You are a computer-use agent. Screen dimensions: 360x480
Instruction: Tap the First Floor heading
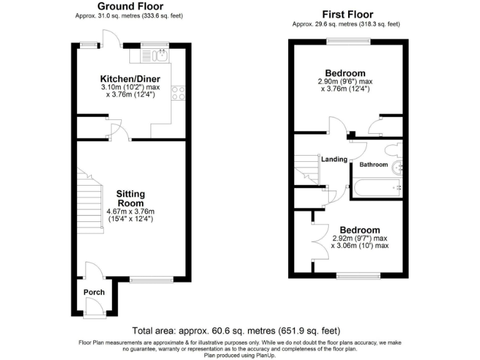point(347,14)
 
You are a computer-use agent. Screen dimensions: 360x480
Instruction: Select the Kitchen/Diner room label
point(131,79)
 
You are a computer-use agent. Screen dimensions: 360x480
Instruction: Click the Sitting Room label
point(131,199)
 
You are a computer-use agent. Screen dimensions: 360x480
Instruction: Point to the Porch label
point(94,292)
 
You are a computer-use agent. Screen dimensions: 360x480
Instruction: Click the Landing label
point(334,159)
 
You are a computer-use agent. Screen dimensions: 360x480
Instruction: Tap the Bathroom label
point(373,165)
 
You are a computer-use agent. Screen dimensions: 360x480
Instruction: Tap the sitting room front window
point(152,279)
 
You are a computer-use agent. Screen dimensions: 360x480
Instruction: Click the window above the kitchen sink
point(151,44)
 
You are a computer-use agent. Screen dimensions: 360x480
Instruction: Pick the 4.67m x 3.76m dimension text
point(130,211)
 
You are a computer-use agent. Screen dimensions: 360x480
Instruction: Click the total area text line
point(236,330)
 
